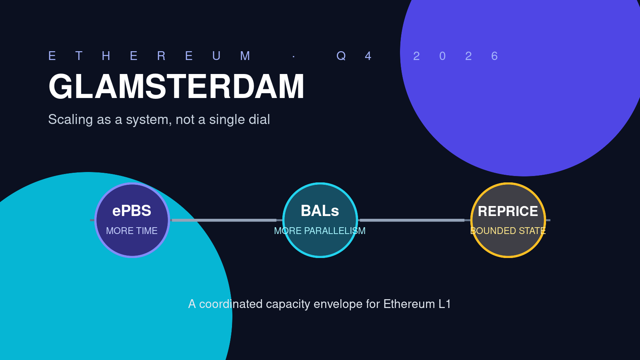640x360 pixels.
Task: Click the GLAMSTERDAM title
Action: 176,86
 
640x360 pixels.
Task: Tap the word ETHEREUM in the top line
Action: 150,56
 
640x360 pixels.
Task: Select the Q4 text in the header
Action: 354,56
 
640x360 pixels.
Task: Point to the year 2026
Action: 456,56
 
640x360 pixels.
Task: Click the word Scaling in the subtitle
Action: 70,120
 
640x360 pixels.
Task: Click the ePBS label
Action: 132,211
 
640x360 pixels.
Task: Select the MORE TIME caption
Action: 132,231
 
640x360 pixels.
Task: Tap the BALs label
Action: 320,211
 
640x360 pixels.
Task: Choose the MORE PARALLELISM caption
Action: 320,231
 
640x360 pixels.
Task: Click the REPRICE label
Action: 508,212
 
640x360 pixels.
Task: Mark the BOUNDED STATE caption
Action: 508,231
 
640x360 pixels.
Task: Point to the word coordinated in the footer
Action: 231,304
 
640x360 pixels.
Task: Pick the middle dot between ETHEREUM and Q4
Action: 294,56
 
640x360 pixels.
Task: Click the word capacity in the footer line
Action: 288,304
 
